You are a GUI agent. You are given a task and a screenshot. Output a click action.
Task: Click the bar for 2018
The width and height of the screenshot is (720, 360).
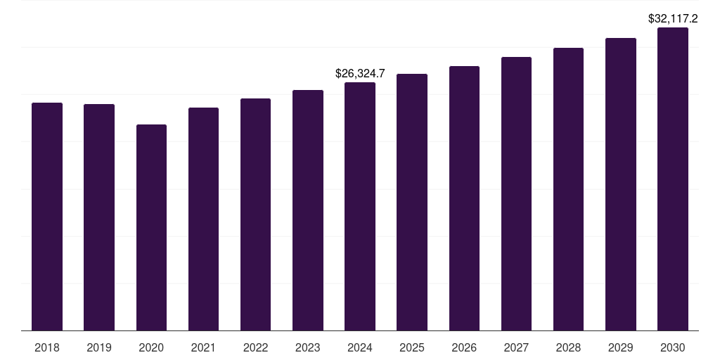[47, 217]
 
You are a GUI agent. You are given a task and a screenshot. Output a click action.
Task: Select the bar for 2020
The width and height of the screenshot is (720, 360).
[151, 227]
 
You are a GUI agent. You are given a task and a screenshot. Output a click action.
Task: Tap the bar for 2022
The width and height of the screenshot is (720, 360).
[255, 214]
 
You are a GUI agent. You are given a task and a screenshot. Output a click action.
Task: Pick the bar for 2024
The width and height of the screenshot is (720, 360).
[360, 206]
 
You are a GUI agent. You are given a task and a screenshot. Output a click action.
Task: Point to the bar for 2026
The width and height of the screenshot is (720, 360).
[464, 198]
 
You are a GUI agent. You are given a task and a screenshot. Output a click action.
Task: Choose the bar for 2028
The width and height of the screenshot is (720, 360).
[568, 189]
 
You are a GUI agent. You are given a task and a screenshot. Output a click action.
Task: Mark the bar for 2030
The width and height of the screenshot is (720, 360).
[673, 179]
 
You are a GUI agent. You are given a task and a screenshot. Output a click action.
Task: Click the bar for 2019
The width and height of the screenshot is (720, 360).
[99, 217]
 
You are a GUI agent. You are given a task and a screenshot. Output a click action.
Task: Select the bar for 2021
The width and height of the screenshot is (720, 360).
[203, 219]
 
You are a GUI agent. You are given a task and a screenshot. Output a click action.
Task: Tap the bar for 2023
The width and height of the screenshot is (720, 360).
[308, 210]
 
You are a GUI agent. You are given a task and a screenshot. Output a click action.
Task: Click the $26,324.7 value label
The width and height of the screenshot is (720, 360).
[360, 73]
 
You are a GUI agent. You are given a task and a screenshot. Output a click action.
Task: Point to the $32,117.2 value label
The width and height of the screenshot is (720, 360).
[673, 18]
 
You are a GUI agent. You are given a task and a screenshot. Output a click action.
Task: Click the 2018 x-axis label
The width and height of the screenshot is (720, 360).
[47, 347]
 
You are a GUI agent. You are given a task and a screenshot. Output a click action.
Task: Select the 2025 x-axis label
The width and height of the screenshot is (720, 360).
[412, 347]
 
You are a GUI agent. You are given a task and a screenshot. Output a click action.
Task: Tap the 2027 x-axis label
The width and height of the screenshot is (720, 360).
[516, 347]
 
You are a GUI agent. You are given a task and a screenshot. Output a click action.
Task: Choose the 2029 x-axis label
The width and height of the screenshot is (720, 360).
[620, 347]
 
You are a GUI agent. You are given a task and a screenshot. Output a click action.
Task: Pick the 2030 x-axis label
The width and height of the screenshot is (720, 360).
[673, 347]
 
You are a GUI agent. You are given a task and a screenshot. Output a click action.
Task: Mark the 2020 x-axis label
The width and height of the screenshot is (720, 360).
[151, 347]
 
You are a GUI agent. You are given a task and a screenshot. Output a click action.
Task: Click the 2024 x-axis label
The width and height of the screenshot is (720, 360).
[360, 347]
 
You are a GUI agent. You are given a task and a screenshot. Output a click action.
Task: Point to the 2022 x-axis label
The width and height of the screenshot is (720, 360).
[255, 347]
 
